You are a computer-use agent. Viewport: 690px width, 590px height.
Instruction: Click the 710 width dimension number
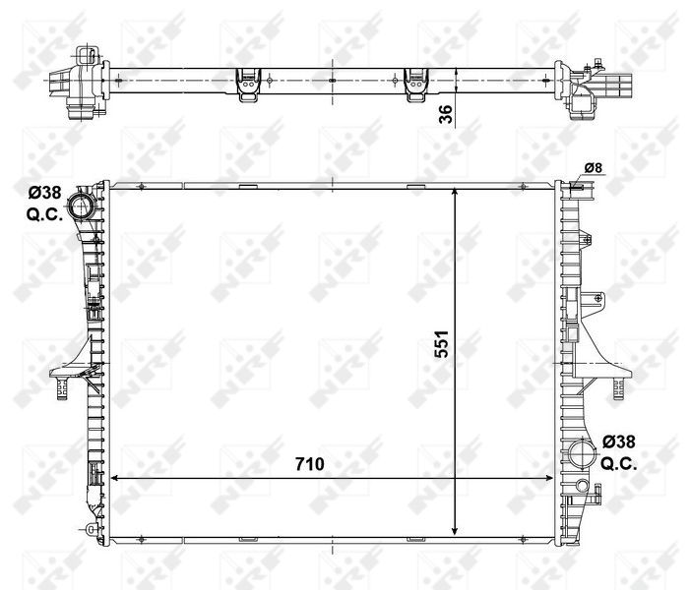pyautogui.click(x=308, y=463)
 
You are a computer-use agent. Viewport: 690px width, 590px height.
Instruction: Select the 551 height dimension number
pyautogui.click(x=442, y=345)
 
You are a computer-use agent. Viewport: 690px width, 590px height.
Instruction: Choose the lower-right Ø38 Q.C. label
pyautogui.click(x=619, y=451)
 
